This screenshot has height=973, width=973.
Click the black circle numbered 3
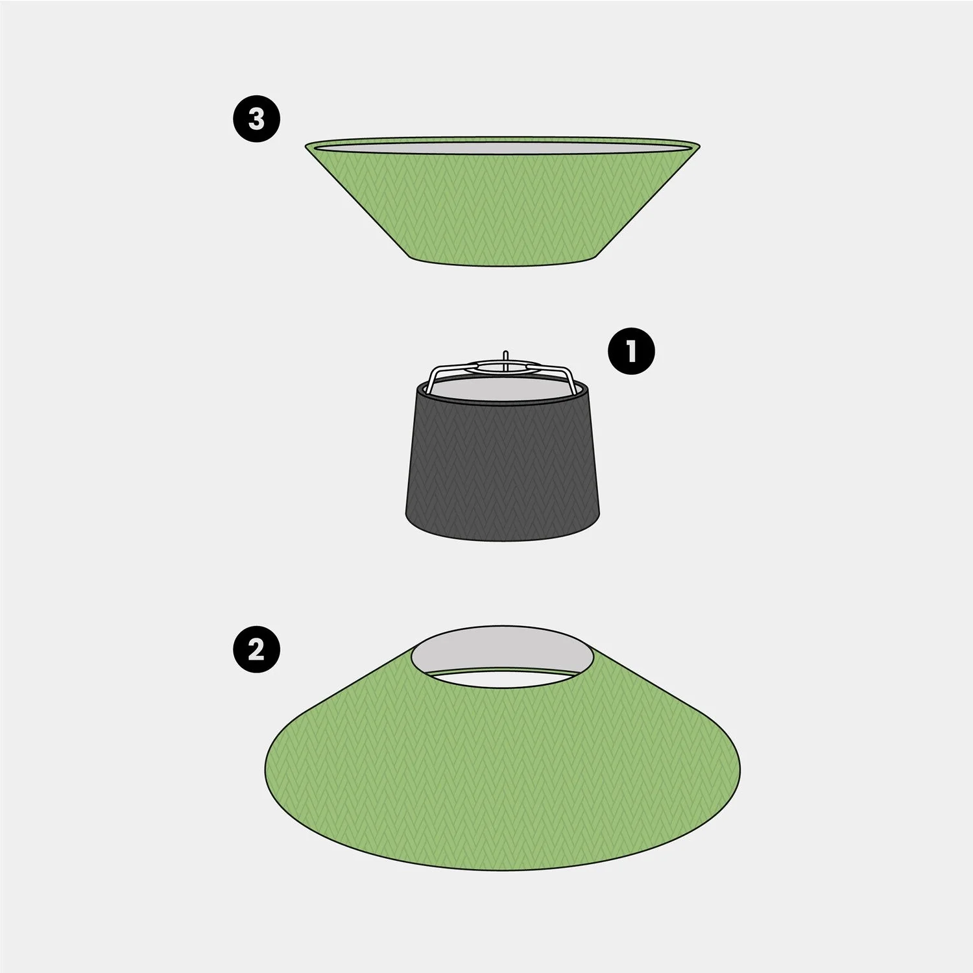click(257, 119)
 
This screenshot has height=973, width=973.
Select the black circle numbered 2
click(257, 649)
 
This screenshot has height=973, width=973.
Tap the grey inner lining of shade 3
click(502, 147)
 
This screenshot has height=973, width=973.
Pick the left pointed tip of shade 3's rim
click(306, 146)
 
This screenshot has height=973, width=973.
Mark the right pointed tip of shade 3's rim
click(699, 144)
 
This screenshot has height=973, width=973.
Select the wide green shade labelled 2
click(503, 772)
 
